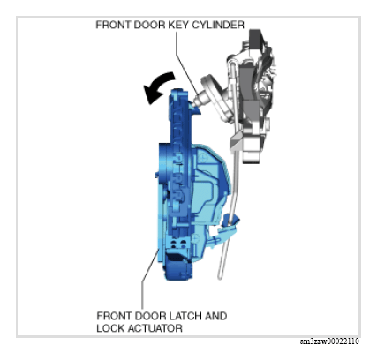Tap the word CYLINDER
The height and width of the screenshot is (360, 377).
(x=218, y=25)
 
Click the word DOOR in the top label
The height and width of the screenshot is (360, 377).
(x=148, y=25)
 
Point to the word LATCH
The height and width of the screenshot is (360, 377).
(x=182, y=316)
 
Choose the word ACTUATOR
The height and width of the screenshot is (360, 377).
(x=155, y=328)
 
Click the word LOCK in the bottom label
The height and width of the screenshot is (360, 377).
(x=111, y=328)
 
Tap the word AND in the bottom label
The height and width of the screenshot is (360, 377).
(x=216, y=316)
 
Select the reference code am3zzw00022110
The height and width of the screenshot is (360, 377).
(x=329, y=341)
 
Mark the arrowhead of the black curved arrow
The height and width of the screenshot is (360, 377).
(x=151, y=94)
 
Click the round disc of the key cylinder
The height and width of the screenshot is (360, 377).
(x=213, y=94)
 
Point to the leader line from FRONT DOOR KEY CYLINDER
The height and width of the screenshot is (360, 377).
(x=186, y=63)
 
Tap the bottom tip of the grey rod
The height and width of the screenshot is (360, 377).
(x=220, y=276)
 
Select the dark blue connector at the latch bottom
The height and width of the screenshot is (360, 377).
(x=177, y=267)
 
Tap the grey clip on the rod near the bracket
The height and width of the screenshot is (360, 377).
(x=237, y=141)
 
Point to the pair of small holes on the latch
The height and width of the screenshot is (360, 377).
(x=178, y=243)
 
